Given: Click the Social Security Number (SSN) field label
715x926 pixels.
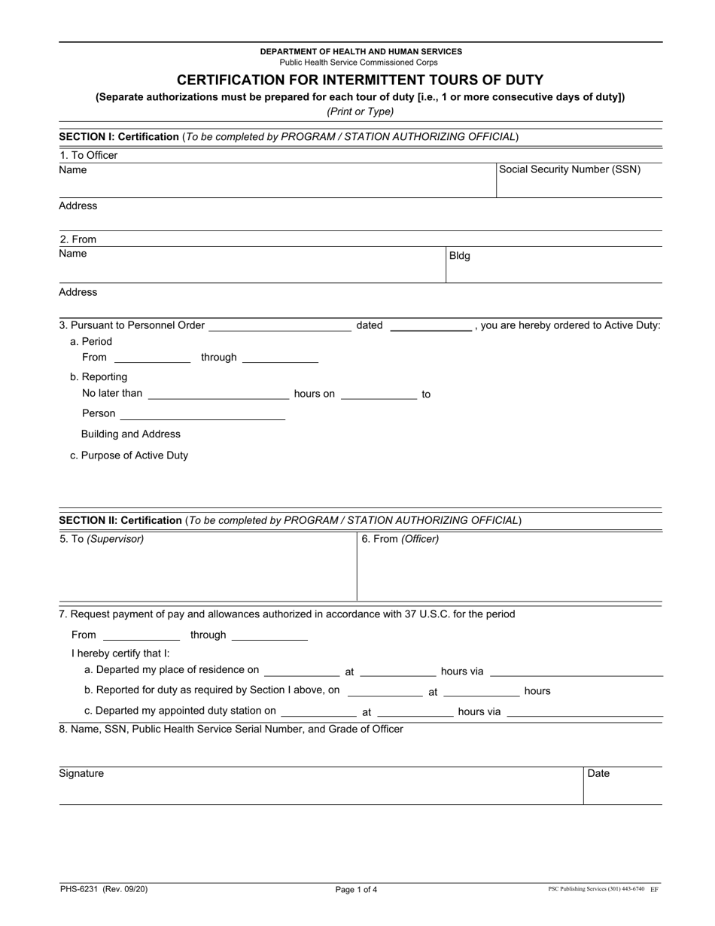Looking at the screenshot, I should (x=570, y=169).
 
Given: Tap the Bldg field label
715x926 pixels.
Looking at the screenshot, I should (x=459, y=256).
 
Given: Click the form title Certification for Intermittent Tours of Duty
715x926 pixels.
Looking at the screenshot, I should (x=360, y=80).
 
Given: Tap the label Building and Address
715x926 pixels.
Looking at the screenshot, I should (x=131, y=434).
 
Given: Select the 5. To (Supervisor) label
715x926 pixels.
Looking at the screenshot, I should (x=102, y=539).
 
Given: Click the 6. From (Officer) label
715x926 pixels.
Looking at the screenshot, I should (x=400, y=539).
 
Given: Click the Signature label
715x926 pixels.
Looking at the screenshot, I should (x=81, y=774).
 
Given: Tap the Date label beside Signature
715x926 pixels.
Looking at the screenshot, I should (x=598, y=774).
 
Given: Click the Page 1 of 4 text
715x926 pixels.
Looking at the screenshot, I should (x=357, y=890).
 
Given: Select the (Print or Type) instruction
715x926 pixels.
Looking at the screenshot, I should (x=360, y=111).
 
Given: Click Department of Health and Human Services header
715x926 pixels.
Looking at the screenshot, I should (x=361, y=51).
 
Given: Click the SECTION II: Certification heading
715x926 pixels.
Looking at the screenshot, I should (x=120, y=520).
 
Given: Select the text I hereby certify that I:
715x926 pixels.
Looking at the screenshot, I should (x=121, y=653).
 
